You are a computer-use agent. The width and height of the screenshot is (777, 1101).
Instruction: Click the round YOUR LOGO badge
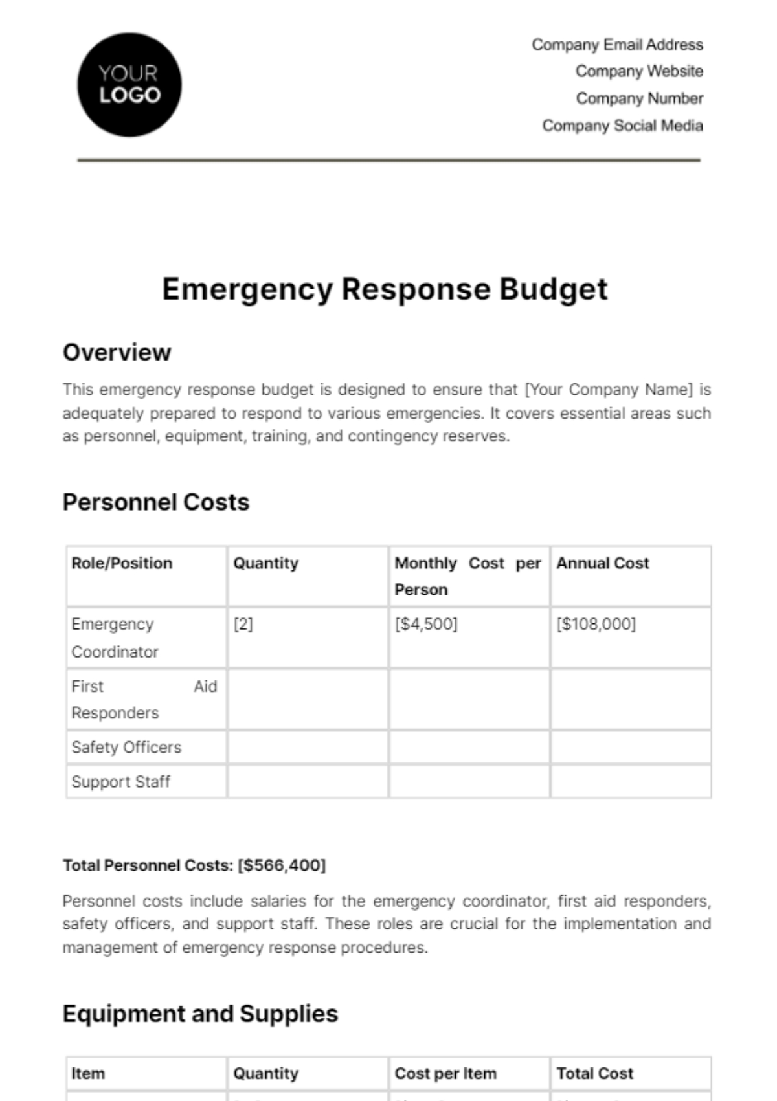[129, 85]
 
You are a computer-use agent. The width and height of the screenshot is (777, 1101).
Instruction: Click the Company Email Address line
[617, 45]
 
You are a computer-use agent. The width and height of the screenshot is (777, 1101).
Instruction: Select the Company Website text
[639, 71]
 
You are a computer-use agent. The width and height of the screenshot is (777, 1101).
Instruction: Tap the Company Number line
[640, 98]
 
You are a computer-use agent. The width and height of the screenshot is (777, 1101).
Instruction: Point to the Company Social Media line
[622, 126]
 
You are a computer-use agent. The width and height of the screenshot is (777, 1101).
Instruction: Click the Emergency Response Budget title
[385, 289]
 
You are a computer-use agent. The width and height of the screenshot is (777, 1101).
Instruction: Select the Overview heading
[117, 353]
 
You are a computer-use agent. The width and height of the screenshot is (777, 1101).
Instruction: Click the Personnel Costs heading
[156, 502]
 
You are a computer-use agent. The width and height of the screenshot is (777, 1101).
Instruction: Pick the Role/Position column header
[122, 563]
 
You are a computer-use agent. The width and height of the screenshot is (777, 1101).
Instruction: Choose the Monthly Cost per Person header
[467, 575]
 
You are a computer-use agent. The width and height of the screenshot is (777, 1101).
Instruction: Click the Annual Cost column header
[602, 563]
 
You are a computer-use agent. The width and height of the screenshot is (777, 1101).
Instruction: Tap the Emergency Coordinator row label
[115, 638]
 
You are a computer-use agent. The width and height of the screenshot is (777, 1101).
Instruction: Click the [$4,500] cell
[426, 624]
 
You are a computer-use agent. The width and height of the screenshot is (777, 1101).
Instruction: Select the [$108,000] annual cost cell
[596, 624]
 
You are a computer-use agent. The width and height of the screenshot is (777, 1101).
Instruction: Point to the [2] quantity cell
[243, 624]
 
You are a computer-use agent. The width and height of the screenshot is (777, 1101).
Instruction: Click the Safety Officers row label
[126, 748]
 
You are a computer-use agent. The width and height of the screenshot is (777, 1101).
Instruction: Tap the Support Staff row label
[120, 782]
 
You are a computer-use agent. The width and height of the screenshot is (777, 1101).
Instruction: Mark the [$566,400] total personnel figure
[282, 865]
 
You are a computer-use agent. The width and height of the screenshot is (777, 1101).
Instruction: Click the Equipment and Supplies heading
[200, 1014]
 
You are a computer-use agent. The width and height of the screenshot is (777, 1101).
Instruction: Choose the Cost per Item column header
[445, 1074]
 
